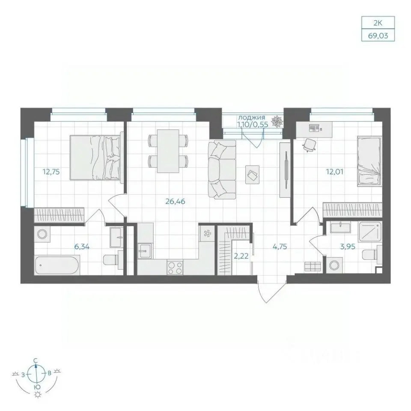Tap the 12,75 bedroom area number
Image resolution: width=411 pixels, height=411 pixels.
pyautogui.click(x=51, y=172)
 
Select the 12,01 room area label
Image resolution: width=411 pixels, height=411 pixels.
pyautogui.click(x=334, y=172)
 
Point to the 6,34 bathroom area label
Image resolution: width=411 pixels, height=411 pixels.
pyautogui.click(x=82, y=247)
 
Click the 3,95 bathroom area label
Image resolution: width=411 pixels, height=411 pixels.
pyautogui.click(x=348, y=247)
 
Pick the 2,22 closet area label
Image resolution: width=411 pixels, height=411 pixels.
pyautogui.click(x=241, y=256)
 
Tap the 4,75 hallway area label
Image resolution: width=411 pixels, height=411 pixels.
pyautogui.click(x=280, y=247)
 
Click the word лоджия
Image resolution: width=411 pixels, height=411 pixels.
pyautogui.click(x=252, y=118)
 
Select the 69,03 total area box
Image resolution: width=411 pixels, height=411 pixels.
pyautogui.click(x=378, y=36)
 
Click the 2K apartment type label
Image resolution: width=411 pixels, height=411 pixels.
pyautogui.click(x=378, y=23)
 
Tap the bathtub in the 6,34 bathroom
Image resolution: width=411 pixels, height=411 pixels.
pyautogui.click(x=57, y=265)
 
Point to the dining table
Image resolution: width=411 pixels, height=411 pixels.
pyautogui.click(x=168, y=151)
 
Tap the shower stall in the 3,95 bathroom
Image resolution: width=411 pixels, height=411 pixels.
pyautogui.click(x=370, y=232)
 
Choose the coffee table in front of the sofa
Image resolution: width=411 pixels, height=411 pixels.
pyautogui.click(x=253, y=175)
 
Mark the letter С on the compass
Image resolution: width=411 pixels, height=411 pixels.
pyautogui.click(x=36, y=361)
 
